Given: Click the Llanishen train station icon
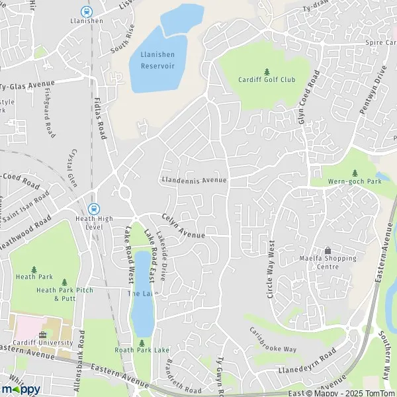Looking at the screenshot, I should point(86,11).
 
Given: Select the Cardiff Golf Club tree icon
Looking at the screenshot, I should point(267,71).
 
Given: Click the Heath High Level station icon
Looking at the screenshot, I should point(94,207).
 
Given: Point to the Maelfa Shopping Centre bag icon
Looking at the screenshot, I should point(328,250).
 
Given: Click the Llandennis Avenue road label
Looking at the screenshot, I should point(194,180).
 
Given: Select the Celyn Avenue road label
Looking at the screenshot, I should point(183,227).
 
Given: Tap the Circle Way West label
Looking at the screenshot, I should point(271,269).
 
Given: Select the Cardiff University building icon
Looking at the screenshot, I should point(43,335).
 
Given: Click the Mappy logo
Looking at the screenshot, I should point(21,389).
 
